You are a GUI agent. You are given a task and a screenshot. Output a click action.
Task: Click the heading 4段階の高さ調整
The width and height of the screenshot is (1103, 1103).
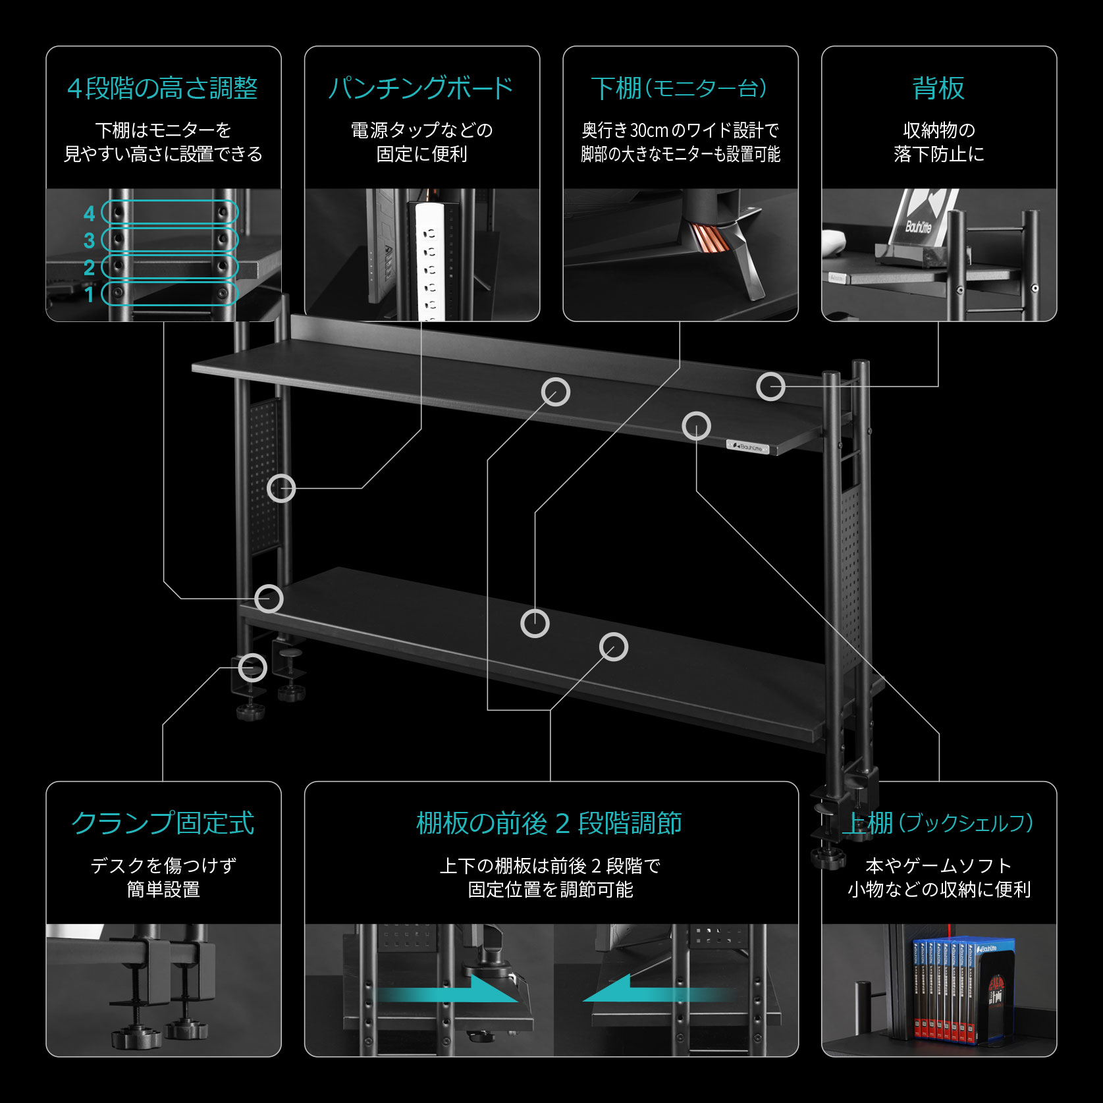[163, 88]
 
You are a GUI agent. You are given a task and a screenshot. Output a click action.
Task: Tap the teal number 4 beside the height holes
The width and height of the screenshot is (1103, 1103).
[90, 213]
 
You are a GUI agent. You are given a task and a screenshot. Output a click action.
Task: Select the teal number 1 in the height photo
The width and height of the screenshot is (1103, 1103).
[90, 294]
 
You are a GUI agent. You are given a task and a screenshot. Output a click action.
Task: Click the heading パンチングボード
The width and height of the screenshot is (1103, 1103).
[421, 88]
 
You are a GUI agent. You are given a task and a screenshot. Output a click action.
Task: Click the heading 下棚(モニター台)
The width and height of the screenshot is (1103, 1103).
[680, 88]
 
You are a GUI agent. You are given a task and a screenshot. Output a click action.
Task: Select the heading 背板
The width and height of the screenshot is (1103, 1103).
[938, 88]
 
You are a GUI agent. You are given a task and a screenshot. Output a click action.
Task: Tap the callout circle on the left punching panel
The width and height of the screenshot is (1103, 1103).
[282, 488]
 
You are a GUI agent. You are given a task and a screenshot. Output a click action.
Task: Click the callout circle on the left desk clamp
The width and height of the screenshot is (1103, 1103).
[252, 668]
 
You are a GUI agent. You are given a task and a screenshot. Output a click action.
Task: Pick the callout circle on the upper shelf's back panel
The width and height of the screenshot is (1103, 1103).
[770, 387]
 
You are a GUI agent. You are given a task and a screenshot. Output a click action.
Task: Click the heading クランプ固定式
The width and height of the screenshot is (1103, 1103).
[163, 823]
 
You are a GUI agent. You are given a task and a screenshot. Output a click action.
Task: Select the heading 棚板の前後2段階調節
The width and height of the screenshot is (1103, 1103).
[550, 823]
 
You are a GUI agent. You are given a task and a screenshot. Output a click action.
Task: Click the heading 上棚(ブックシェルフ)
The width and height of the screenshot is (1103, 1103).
[938, 823]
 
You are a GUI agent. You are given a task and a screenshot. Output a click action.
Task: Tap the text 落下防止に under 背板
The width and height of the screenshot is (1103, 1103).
[938, 155]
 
